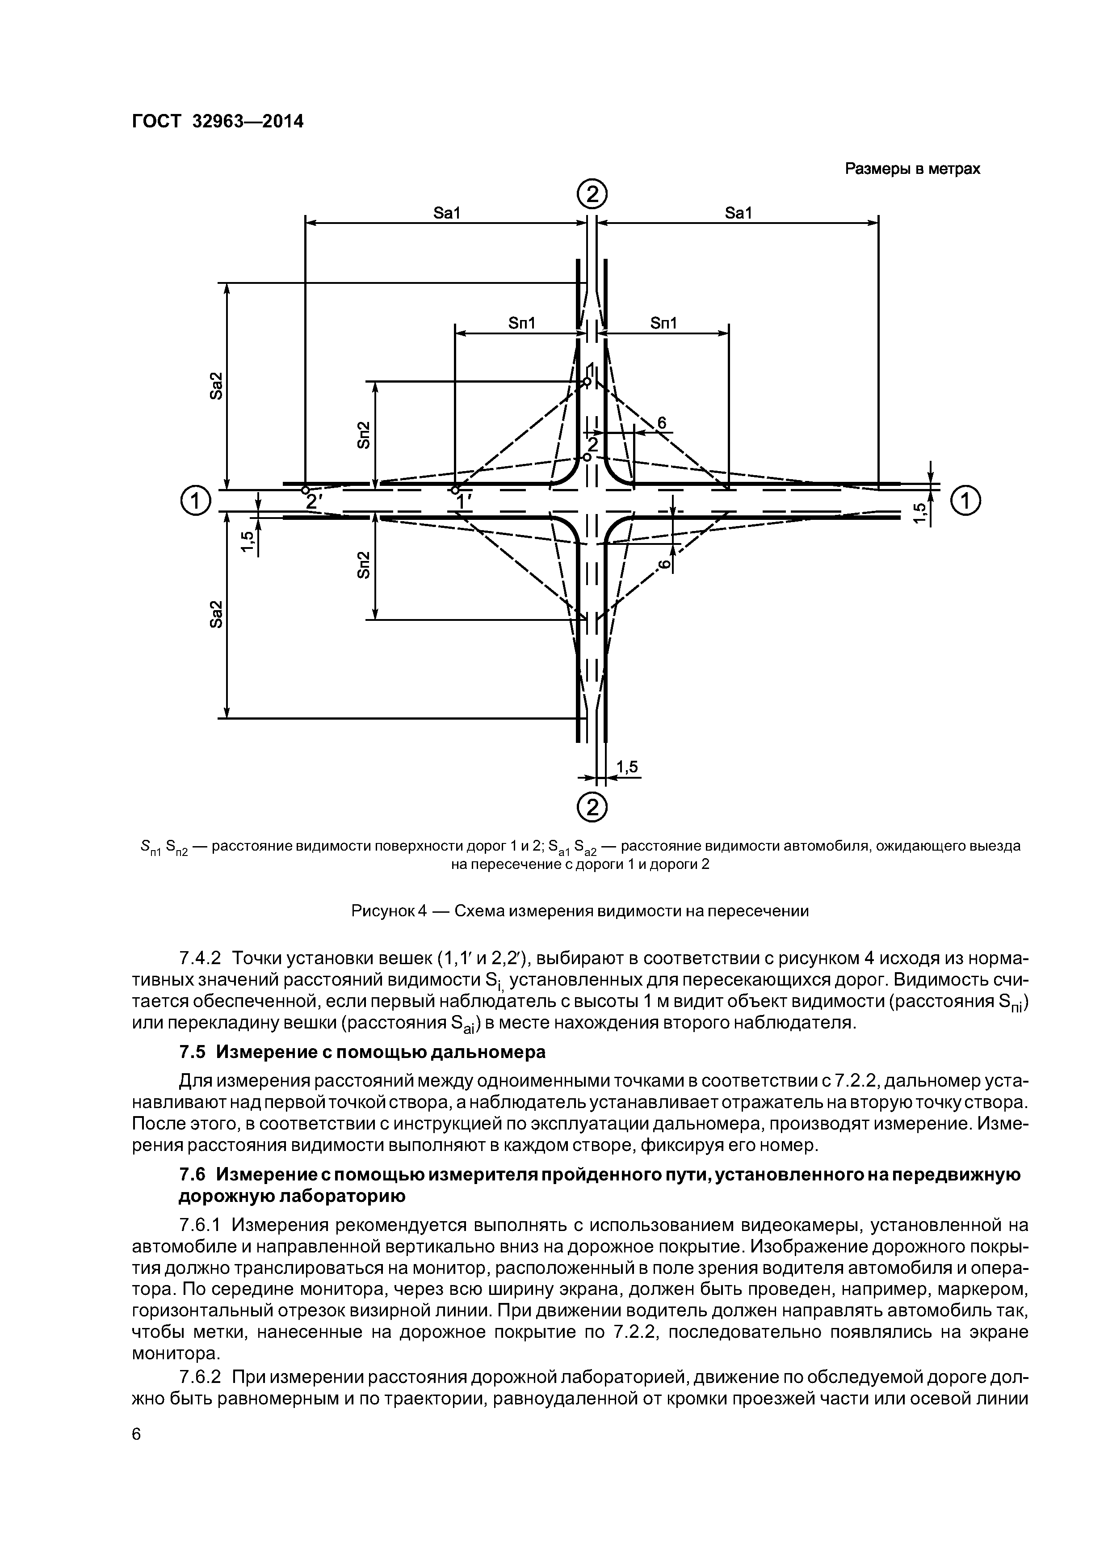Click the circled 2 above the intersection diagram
coord(592,196)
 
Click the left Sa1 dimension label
coord(447,213)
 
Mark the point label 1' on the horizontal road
coord(464,502)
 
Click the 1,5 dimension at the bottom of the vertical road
coord(627,767)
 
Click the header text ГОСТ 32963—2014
coord(217,121)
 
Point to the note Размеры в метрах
coord(912,169)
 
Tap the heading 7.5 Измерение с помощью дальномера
coord(362,1052)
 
